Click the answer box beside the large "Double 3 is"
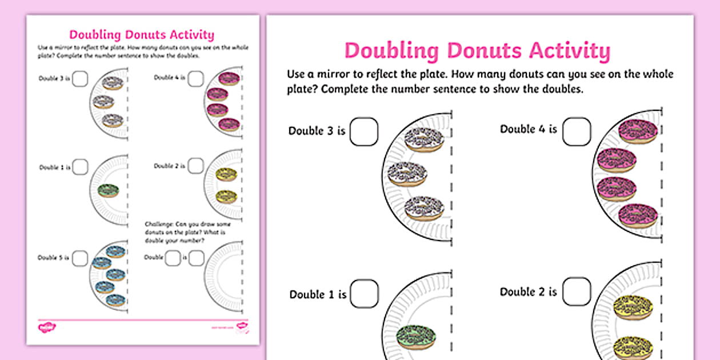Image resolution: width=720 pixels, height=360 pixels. [x=364, y=131]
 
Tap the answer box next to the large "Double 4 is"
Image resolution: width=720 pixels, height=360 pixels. [x=577, y=131]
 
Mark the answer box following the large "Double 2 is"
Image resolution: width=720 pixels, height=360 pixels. [x=577, y=291]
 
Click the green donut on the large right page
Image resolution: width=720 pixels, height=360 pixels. [x=416, y=336]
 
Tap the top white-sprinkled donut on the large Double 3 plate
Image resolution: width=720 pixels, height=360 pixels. [x=423, y=139]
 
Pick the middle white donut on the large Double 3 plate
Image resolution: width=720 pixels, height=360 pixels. [x=407, y=174]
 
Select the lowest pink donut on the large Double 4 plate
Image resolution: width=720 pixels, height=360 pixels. [x=638, y=215]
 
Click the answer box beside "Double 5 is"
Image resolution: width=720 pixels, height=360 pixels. [x=80, y=258]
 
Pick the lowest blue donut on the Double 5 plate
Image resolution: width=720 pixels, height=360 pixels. [x=115, y=299]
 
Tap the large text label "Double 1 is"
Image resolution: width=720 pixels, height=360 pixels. [x=318, y=295]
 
